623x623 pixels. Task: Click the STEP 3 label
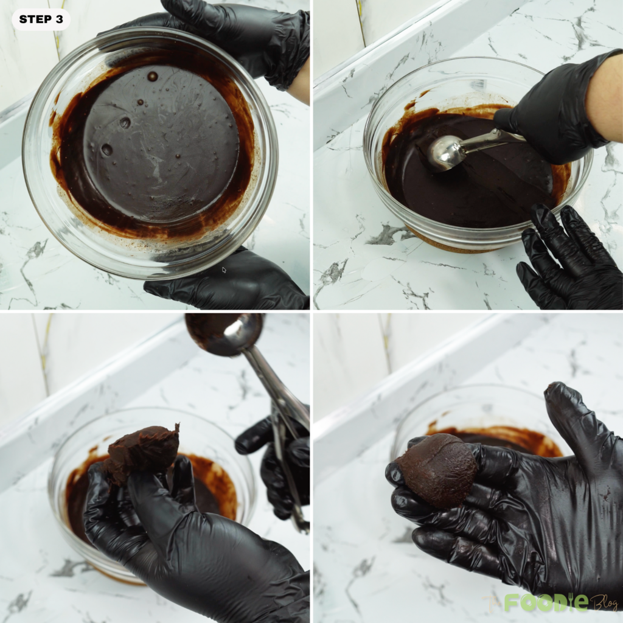[x=41, y=19]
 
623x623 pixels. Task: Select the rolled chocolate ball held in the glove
[x=438, y=470]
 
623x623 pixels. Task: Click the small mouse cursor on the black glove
[x=224, y=270]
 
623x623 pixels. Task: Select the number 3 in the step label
[x=59, y=19]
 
